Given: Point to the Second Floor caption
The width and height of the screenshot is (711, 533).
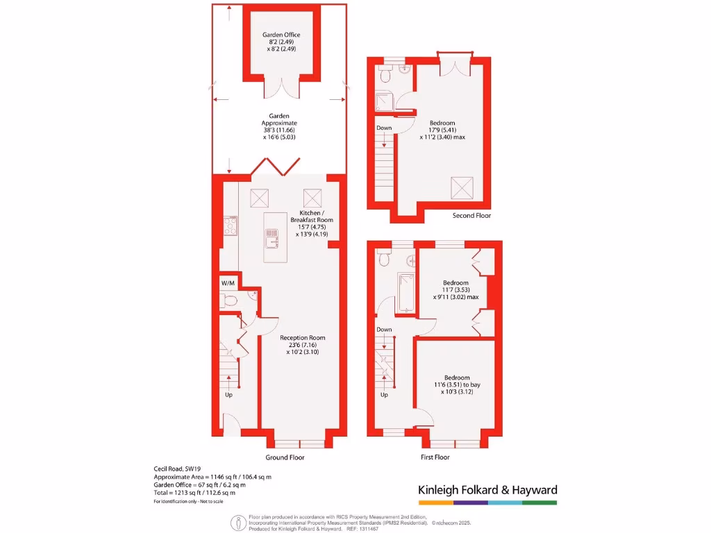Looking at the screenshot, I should [x=471, y=216].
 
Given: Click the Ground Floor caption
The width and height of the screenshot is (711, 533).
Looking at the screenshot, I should [x=285, y=457].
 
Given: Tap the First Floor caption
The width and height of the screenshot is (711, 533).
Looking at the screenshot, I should [x=435, y=457].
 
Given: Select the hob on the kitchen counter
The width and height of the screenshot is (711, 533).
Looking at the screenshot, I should [x=230, y=226].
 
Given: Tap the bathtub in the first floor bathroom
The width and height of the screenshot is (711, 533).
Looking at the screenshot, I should [x=404, y=293].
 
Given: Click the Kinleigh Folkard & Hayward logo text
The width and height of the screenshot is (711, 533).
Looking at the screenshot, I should [x=487, y=490].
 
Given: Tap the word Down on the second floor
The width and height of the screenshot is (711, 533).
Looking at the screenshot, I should [x=384, y=128].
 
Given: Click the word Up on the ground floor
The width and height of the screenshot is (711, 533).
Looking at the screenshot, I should [x=228, y=395].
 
